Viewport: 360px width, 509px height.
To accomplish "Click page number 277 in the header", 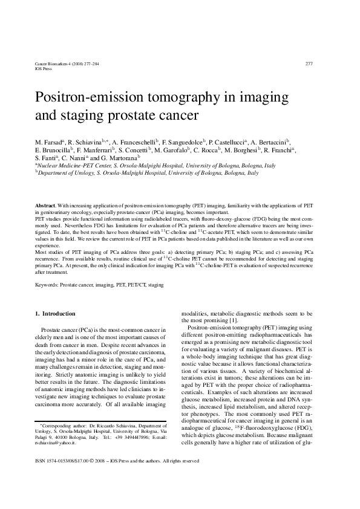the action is point(309,63).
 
